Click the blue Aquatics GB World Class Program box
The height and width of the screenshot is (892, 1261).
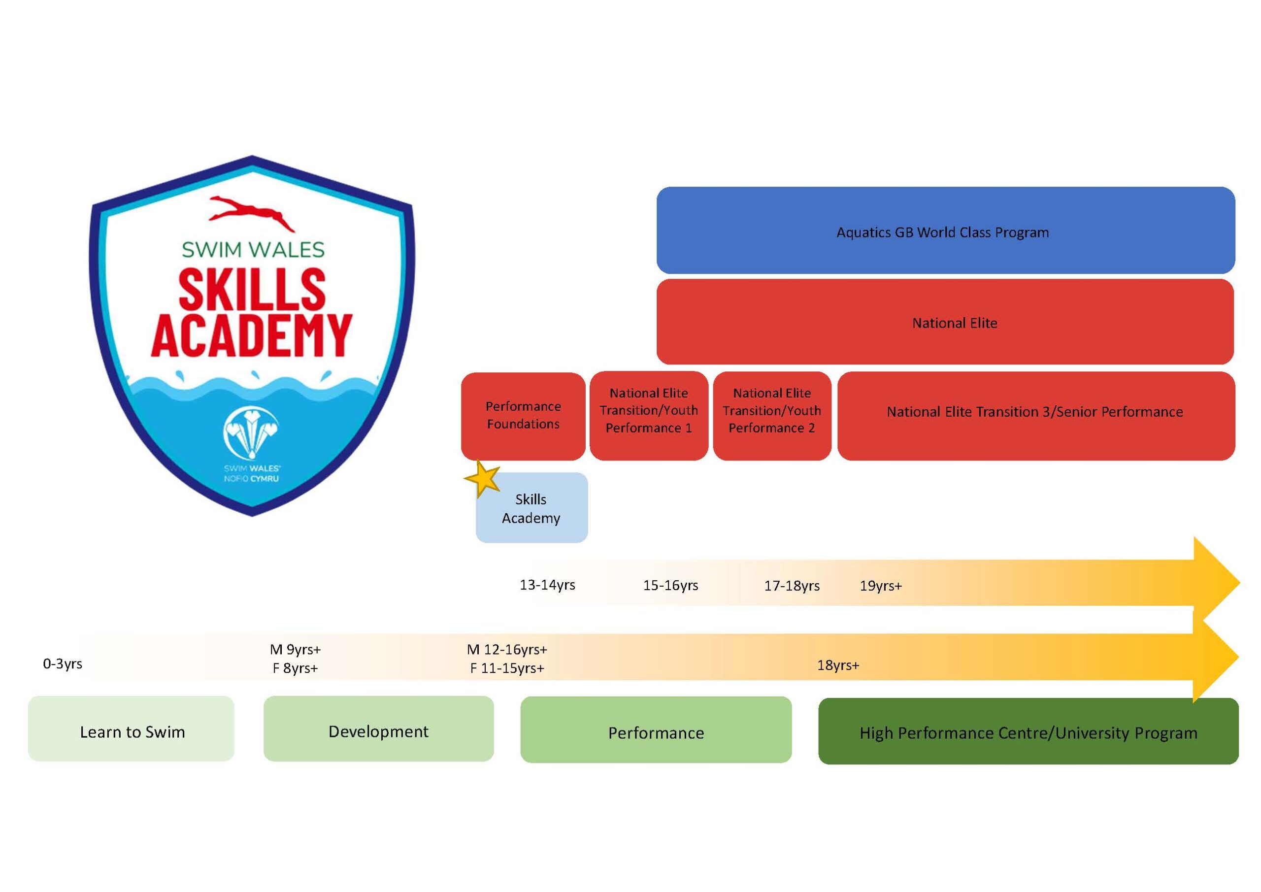[945, 230]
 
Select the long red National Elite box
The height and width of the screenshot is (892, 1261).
[945, 322]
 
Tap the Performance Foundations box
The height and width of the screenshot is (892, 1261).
[523, 416]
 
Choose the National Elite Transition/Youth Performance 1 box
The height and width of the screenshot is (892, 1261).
[649, 416]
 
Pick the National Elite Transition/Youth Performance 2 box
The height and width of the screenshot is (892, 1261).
[772, 416]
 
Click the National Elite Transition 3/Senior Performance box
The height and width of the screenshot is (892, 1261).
[1036, 416]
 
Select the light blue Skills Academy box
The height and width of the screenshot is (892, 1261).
[531, 507]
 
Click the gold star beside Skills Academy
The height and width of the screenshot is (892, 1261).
[482, 478]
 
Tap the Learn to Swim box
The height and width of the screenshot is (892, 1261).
[131, 729]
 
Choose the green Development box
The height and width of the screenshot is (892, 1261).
[378, 729]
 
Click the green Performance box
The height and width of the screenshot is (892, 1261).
[656, 730]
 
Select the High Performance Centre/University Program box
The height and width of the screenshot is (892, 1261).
[1028, 731]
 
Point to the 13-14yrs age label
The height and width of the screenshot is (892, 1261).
[548, 585]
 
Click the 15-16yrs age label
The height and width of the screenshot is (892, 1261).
[670, 586]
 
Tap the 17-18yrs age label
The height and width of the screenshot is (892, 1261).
[792, 586]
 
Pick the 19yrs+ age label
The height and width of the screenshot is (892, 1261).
[881, 586]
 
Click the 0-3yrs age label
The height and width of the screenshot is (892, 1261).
[63, 664]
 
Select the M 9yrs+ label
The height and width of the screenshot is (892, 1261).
[296, 650]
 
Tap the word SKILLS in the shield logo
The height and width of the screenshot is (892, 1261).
[252, 289]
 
